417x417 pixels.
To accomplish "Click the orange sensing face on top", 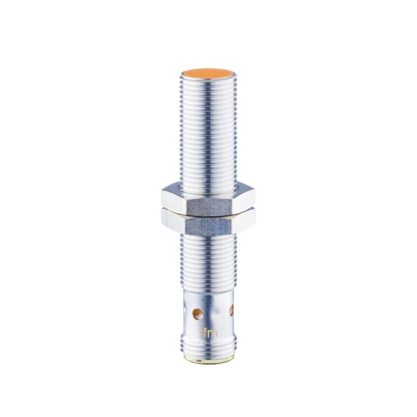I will coord(208,73).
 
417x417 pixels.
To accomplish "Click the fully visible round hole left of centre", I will coord(197,313).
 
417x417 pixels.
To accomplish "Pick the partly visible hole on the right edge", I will coord(231,311).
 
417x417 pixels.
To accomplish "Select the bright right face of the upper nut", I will coord(244,198).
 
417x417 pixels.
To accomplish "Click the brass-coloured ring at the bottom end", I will coord(208,359).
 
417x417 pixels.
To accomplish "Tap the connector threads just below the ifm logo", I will coord(208,346).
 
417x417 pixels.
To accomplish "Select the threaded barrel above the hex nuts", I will coord(208,130).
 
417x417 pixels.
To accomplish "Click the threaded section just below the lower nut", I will coord(208,261).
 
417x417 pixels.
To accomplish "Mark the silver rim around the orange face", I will coord(208,81).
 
